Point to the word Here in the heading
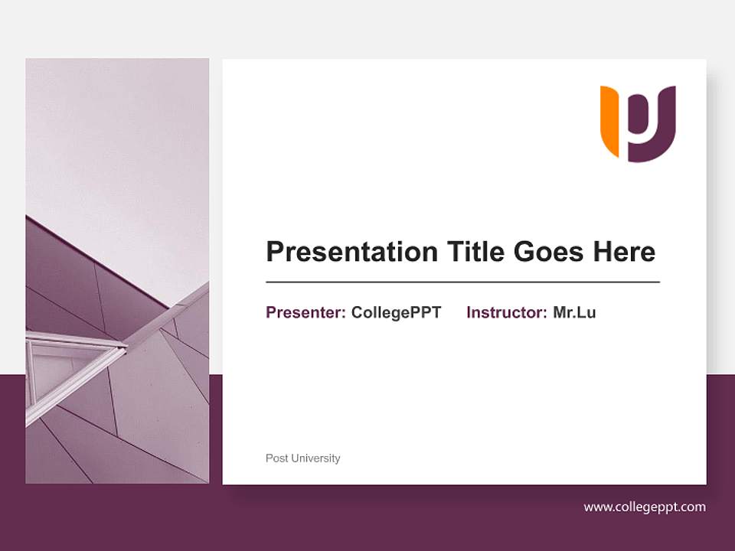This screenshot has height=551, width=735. coord(626,252)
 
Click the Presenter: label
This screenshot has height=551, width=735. coord(305,312)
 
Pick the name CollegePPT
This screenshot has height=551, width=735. coord(396,312)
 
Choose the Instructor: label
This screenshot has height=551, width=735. coord(506,312)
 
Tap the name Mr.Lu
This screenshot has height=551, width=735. coord(574,312)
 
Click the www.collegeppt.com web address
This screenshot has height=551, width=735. coord(645,507)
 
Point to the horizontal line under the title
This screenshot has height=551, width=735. coord(462,282)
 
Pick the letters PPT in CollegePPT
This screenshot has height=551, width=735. coord(426,312)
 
